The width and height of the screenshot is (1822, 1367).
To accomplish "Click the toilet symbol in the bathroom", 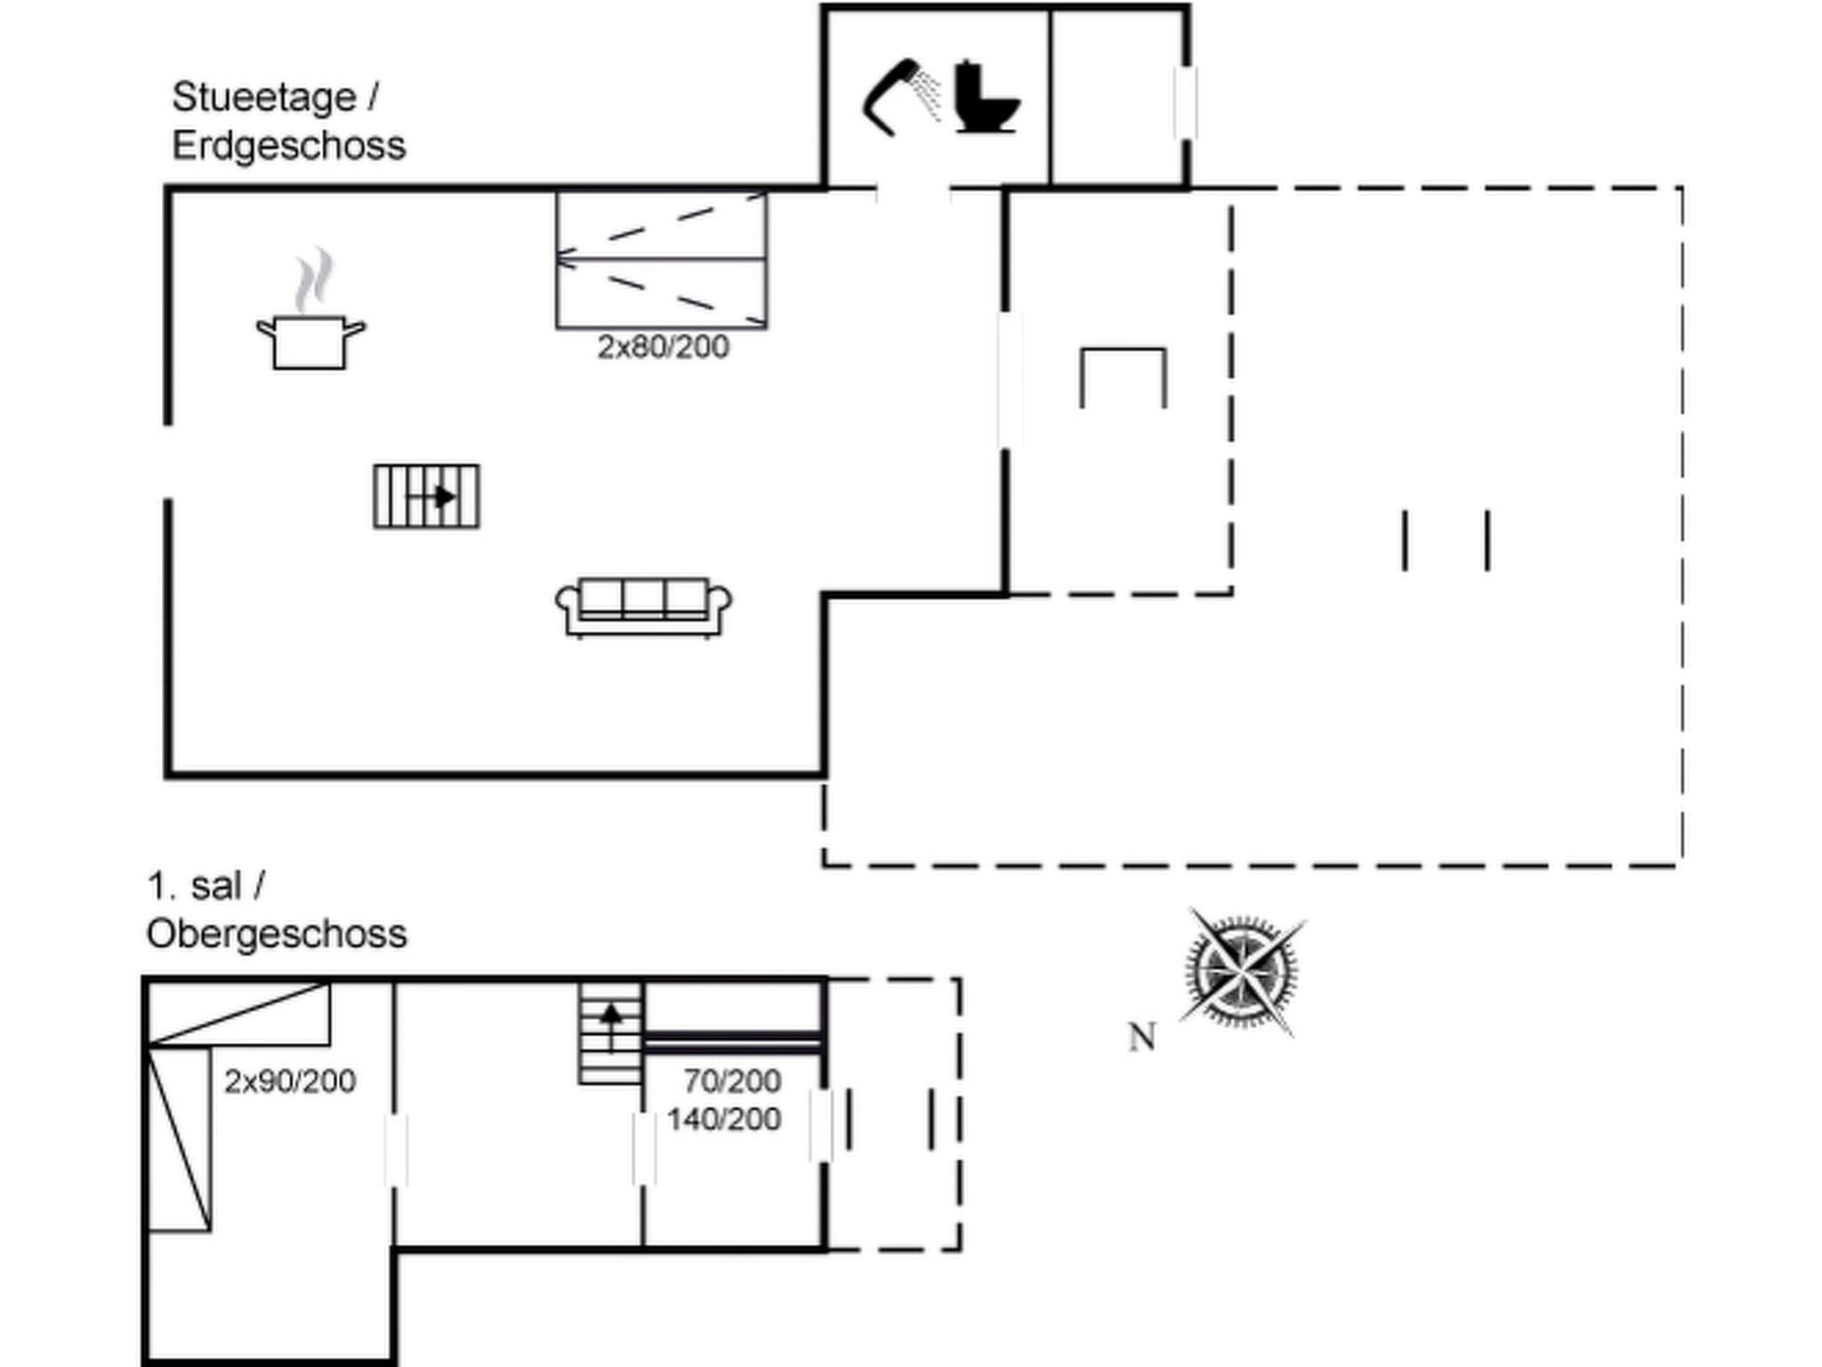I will (985, 97).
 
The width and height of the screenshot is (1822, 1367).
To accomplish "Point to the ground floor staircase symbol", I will (426, 496).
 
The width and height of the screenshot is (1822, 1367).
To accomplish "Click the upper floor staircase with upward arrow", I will (610, 1032).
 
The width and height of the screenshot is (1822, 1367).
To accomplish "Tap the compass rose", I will (1241, 972).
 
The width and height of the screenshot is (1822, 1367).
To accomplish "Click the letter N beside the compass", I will (1141, 1037).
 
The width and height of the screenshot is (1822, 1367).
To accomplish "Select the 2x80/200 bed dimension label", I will (663, 346).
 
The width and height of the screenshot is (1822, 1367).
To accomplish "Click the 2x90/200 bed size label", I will (290, 1080).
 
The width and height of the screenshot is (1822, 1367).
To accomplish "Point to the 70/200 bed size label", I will (732, 1080).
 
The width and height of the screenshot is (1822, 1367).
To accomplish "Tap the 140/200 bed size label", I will (724, 1119).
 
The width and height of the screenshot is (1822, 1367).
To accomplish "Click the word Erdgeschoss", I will (288, 145).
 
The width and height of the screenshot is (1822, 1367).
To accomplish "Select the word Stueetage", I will (263, 97).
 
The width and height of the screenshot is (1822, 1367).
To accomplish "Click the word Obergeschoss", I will (277, 934).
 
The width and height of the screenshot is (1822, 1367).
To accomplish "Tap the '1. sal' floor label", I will (194, 886).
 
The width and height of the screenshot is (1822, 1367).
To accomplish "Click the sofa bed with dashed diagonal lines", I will (661, 259).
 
